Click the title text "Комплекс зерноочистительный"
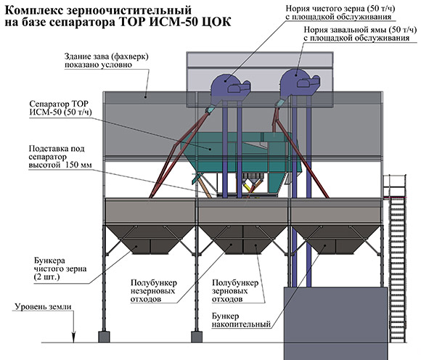98,10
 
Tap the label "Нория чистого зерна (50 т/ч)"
340,8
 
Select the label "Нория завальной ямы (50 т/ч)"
360,29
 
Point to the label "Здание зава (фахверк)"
106,57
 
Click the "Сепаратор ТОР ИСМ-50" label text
61,107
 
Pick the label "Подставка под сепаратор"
57,152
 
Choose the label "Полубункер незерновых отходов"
154,291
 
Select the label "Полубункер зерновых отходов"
235,291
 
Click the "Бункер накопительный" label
241,320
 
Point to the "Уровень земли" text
43,306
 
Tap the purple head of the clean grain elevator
230,86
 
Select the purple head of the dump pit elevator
300,82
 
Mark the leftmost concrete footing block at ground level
104,337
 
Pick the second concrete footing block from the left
197,337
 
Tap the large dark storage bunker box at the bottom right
335,323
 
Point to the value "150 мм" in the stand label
78,165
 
